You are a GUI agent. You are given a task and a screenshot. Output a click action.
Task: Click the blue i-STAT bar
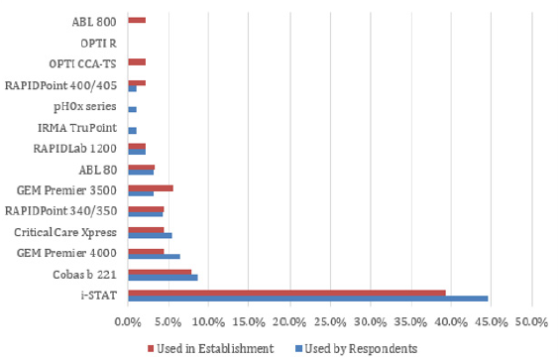tap(307, 298)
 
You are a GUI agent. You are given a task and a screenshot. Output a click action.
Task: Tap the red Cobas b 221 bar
tap(160, 270)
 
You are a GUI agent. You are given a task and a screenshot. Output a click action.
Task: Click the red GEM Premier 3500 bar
tap(151, 186)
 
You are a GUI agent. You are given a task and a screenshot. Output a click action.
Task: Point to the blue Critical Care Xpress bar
tap(150, 235)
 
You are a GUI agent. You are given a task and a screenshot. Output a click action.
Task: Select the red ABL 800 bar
tap(137, 20)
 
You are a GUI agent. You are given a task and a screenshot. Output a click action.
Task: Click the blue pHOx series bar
tap(132, 109)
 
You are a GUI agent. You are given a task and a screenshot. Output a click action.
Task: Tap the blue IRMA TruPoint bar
tap(132, 131)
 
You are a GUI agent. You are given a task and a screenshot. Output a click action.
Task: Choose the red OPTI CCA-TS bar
tap(137, 61)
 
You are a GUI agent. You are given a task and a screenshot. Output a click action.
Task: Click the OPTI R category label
tap(98, 43)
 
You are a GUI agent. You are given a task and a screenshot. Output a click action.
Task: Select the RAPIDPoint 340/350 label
tap(61, 210)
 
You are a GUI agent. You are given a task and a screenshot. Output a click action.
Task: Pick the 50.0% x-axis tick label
tap(531, 321)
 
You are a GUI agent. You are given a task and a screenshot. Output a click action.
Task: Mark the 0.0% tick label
tap(128, 321)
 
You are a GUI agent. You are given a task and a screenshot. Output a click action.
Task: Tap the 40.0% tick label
tap(451, 321)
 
